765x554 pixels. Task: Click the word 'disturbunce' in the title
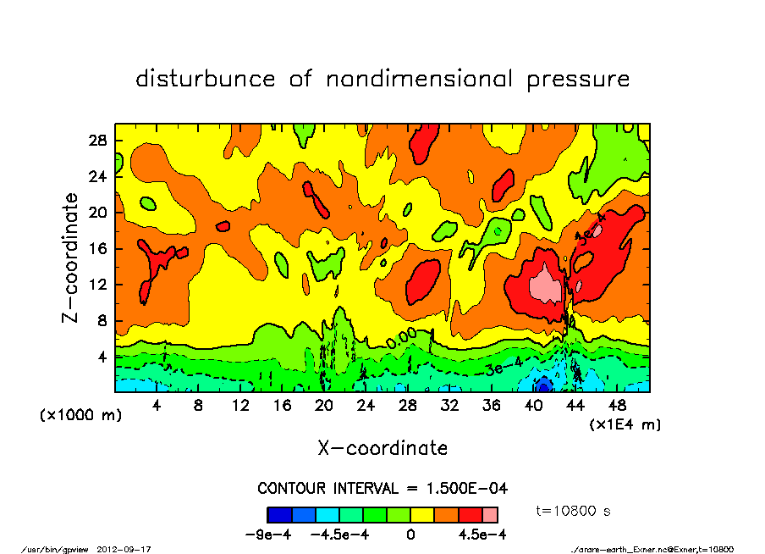coord(206,80)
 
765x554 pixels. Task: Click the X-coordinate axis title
coord(382,448)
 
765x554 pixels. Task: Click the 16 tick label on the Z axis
coord(98,248)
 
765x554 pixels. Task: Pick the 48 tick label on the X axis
coord(617,406)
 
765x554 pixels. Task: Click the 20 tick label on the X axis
coord(323,406)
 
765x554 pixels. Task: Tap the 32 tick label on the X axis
coord(449,406)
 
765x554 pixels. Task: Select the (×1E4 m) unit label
coord(625,424)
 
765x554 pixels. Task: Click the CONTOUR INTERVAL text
coord(382,489)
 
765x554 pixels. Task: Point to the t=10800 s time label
coord(574,511)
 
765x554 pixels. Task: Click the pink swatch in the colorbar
coord(490,514)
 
